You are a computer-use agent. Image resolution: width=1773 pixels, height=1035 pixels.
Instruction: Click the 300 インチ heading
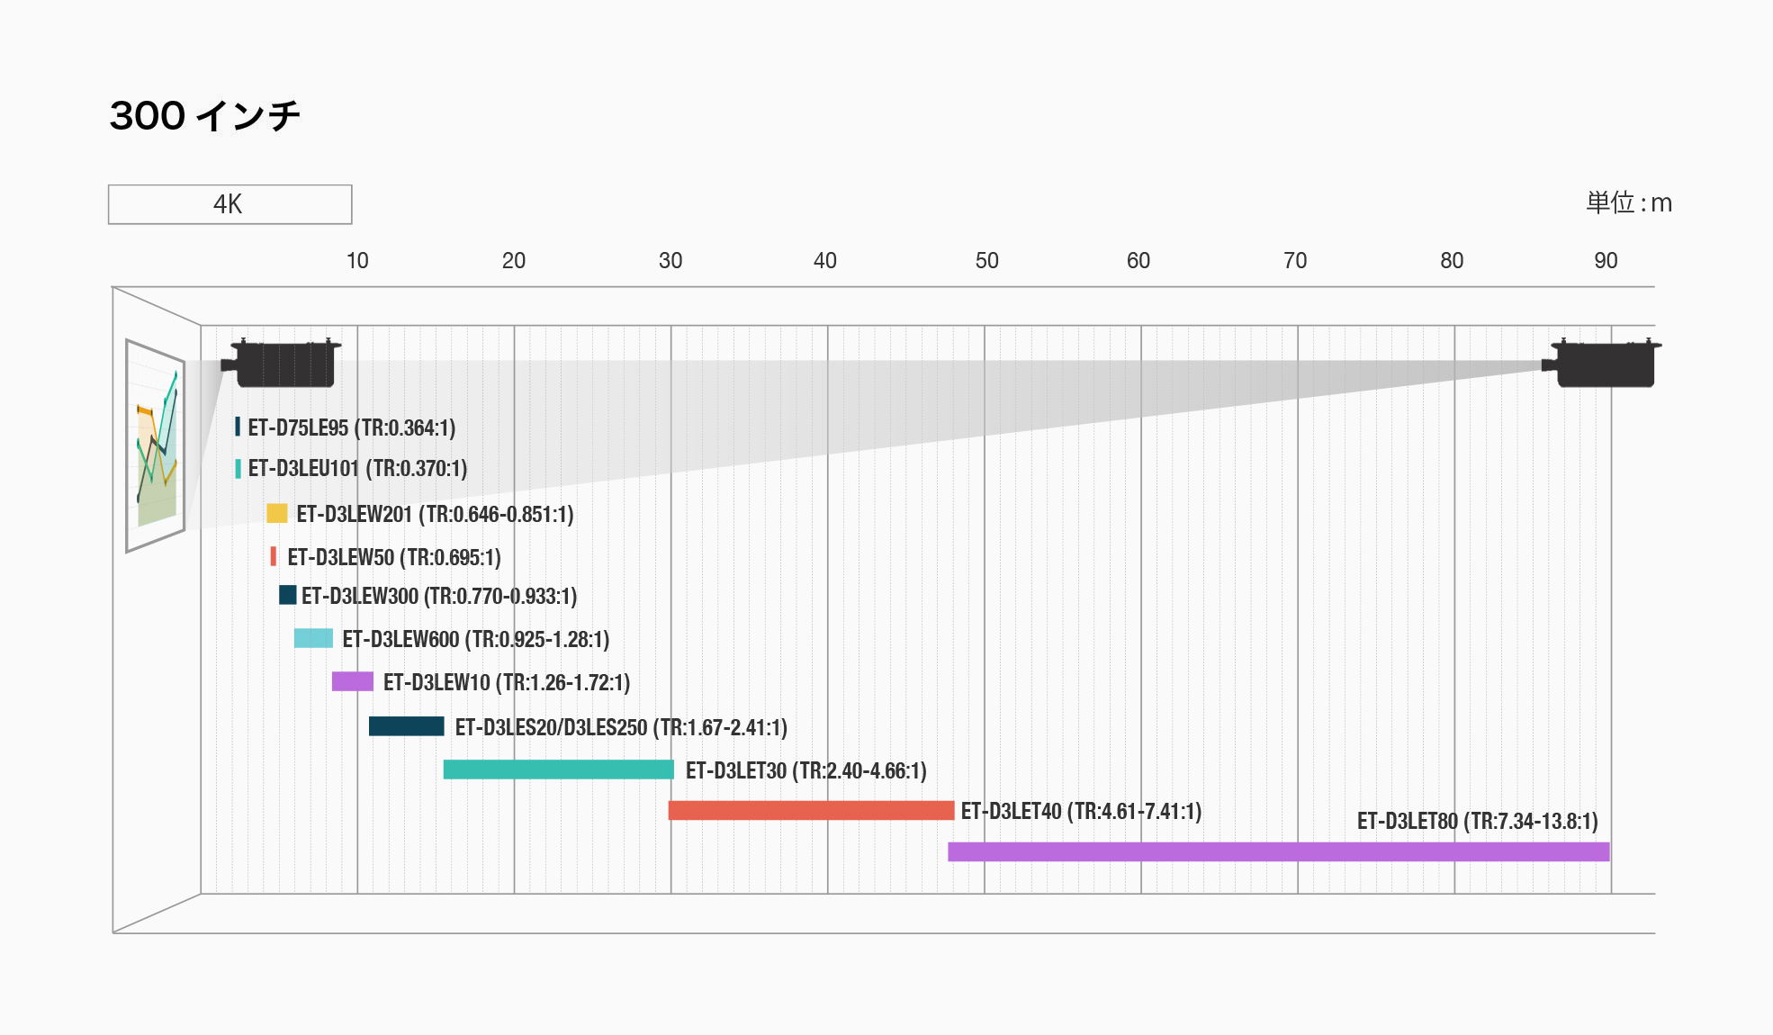204,116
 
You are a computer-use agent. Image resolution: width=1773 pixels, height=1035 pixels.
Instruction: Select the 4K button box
229,204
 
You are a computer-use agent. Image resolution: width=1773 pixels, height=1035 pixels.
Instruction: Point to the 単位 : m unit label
1628,202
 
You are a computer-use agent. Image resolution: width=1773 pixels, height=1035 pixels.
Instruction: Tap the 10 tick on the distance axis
357,261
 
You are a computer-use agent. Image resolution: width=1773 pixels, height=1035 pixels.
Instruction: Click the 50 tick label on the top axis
986,261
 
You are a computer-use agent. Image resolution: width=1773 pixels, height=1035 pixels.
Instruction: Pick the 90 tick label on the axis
1606,261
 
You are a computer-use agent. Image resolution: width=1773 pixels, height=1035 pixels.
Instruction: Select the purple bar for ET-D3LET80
1278,851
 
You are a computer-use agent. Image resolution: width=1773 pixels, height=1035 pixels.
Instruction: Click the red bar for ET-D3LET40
811,810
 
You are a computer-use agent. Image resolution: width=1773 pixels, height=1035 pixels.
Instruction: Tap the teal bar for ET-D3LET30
558,769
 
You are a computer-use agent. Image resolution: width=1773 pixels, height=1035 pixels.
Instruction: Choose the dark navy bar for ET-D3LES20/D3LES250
406,725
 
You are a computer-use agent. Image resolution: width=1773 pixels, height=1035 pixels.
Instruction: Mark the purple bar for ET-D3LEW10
352,681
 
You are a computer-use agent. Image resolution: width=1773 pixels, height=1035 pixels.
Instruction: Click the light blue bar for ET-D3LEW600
313,638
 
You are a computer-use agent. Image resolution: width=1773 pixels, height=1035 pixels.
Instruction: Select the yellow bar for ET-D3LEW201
277,513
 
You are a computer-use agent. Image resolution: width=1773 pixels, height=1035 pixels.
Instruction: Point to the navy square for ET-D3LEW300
287,595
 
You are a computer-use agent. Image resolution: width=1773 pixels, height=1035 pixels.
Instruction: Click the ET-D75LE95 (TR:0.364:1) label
351,427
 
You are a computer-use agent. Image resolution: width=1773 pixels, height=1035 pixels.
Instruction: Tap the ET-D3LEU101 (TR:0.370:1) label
357,468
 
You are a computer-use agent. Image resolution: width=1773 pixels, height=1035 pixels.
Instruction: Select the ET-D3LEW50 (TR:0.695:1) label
393,557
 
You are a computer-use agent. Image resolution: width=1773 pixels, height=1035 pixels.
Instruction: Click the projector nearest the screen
283,363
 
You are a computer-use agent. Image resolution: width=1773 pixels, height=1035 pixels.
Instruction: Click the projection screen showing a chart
156,445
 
